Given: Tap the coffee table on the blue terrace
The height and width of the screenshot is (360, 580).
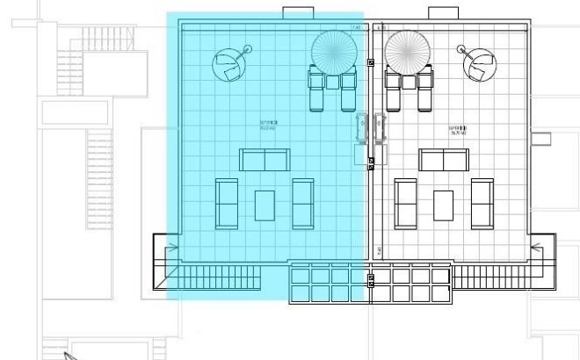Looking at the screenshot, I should click(265, 205).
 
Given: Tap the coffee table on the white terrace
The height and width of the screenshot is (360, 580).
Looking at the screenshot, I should click(444, 205).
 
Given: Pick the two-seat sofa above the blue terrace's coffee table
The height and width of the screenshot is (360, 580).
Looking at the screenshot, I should click(265, 160).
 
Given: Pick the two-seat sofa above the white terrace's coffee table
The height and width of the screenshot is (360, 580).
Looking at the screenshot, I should click(444, 160).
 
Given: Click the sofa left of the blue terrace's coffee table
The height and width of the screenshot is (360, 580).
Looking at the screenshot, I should click(227, 203).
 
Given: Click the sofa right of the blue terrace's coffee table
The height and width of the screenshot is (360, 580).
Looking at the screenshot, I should click(303, 203).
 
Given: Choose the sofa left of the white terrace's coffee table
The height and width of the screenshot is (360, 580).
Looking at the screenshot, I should click(405, 203).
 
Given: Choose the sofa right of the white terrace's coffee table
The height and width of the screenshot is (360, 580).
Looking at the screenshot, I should click(482, 203).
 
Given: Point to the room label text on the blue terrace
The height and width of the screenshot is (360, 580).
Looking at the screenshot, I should click(269, 125).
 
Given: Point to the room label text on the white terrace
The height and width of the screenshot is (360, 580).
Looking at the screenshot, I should click(458, 129).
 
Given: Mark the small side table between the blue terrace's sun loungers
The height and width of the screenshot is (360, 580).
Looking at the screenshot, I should click(333, 82).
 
